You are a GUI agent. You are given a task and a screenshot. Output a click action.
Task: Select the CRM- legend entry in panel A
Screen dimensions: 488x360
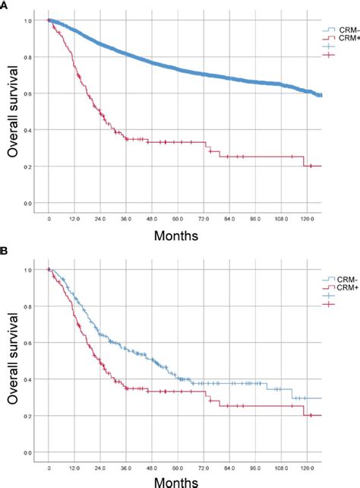[x=339, y=30]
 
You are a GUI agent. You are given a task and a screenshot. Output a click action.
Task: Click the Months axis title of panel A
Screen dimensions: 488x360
[x=177, y=236]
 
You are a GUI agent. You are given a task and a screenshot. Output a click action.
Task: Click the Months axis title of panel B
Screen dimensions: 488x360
[x=177, y=481]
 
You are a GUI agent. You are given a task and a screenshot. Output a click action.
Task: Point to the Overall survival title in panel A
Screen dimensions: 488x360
[x=13, y=112]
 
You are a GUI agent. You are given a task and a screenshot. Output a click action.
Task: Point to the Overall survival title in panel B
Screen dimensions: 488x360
[x=13, y=362]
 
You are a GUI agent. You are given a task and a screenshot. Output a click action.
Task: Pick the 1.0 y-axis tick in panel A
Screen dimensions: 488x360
[x=28, y=21]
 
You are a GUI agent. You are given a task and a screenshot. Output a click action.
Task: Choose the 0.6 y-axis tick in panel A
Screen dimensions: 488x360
[x=28, y=93]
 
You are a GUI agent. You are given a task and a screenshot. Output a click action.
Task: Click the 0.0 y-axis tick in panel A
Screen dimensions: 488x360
[x=28, y=203]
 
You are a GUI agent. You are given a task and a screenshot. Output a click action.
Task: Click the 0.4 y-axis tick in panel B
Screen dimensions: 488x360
[x=28, y=380]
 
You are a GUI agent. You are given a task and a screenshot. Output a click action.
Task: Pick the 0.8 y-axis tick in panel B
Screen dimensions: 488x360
[x=28, y=306]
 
